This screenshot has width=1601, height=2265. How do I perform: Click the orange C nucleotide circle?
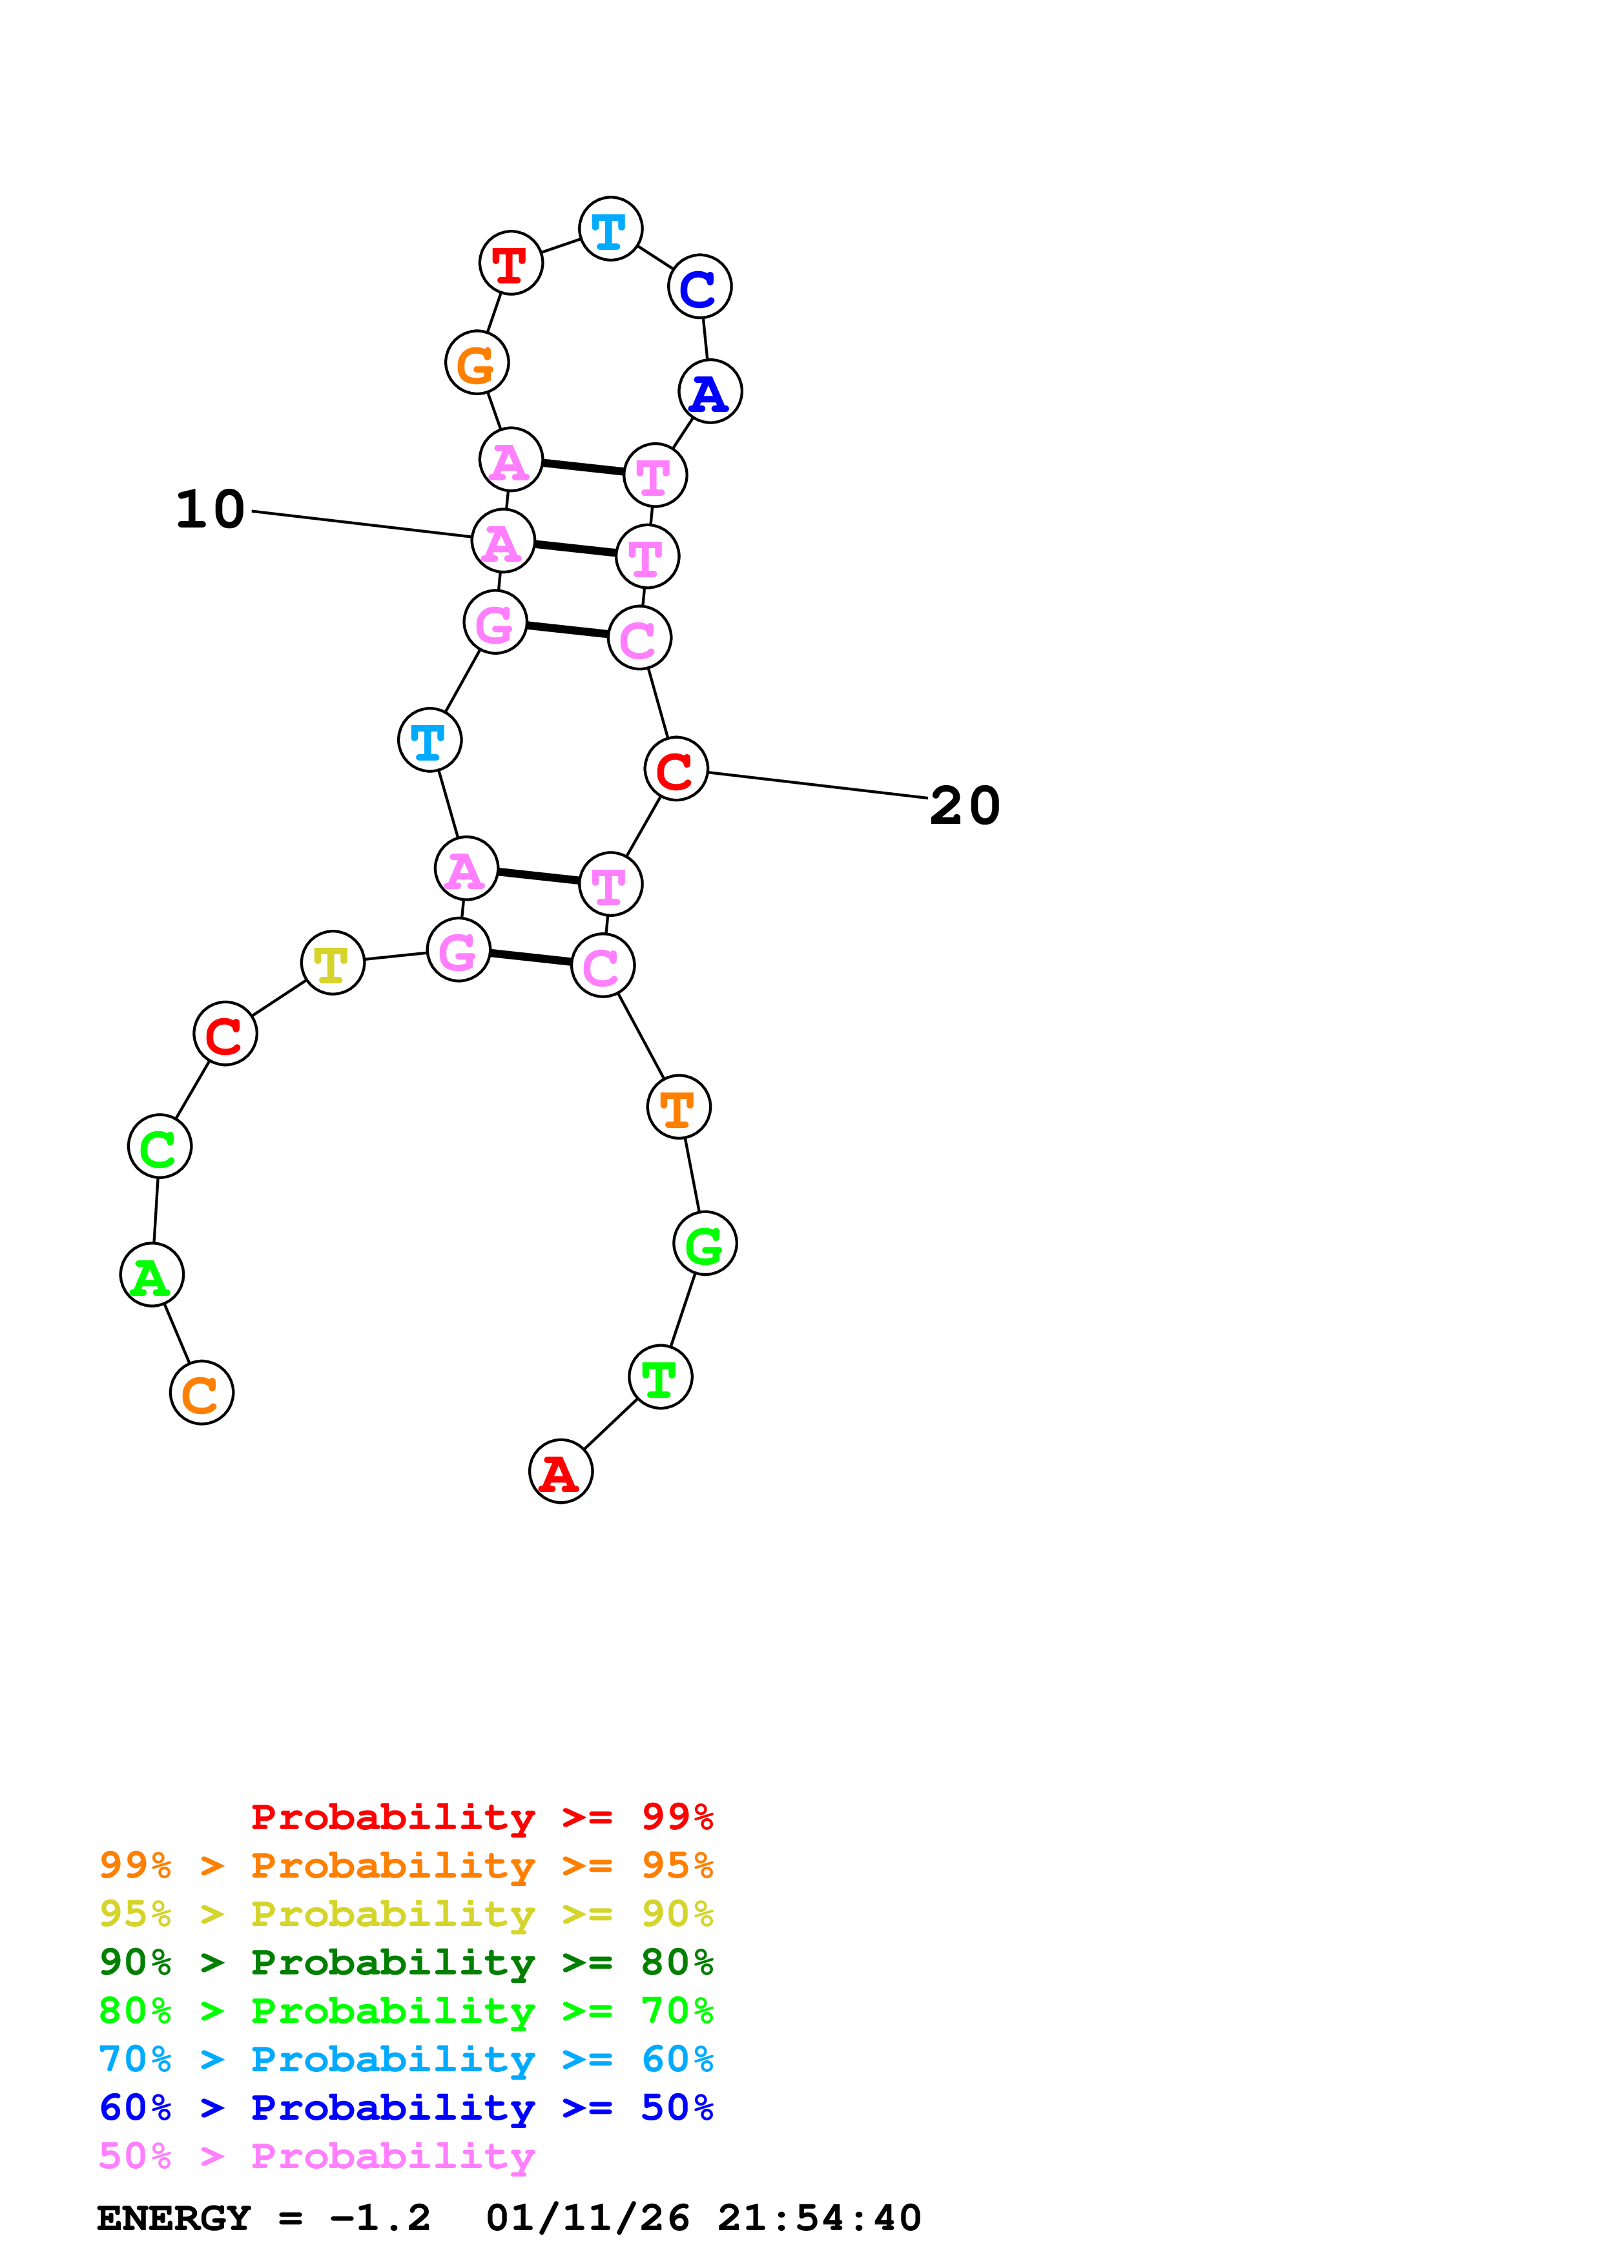coord(201,1392)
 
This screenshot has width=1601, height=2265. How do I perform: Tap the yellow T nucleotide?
coord(333,962)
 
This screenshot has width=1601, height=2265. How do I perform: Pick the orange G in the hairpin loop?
coord(477,363)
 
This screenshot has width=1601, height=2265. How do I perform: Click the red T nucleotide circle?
coord(510,262)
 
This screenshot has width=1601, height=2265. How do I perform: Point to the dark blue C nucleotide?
coord(699,287)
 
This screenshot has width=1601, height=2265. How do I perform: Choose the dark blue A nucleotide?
coord(710,392)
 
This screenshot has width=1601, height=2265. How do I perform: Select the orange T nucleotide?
coord(679,1107)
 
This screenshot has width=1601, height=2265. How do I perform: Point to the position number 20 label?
coord(965,805)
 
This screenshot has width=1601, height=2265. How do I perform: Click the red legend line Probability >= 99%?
coord(481,1816)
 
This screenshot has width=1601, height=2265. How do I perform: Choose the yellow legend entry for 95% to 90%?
coord(406,1913)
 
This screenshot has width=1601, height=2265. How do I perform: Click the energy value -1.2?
coord(380,2218)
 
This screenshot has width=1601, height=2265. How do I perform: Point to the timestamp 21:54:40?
coord(819,2218)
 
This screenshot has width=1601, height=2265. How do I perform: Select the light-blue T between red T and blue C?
coord(610,229)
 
